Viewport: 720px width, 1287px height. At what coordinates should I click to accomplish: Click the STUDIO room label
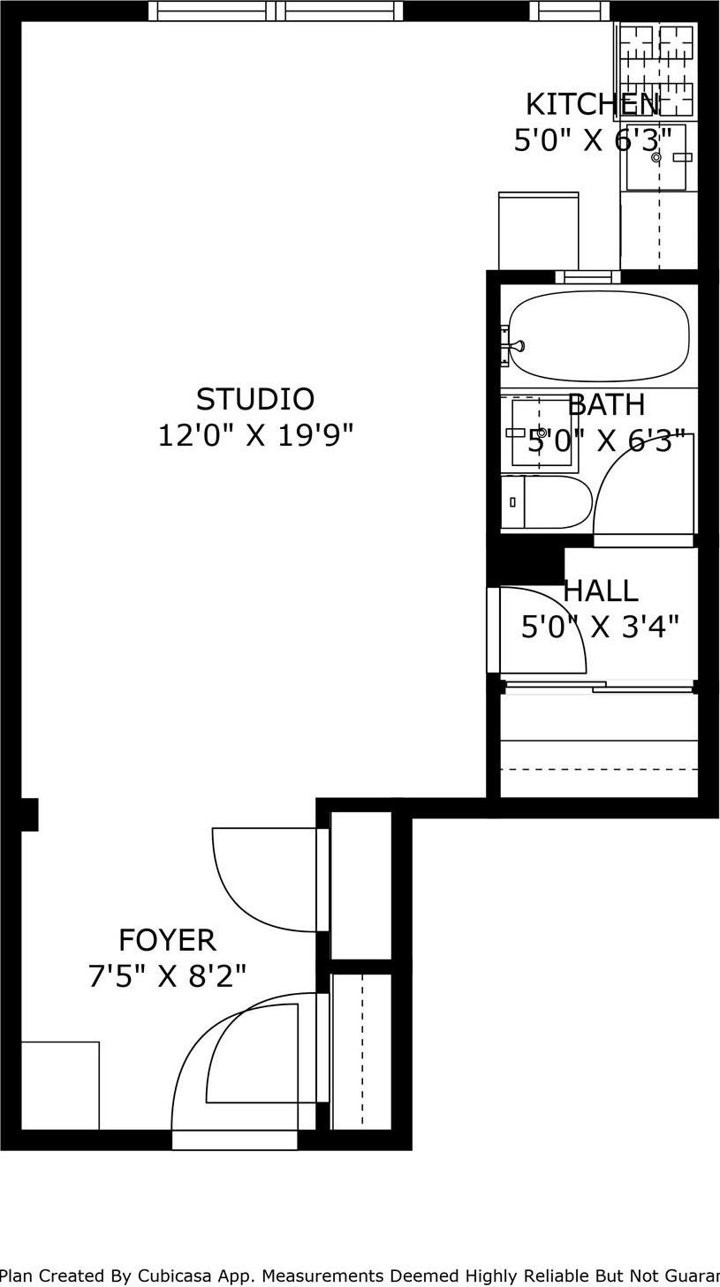[254, 400]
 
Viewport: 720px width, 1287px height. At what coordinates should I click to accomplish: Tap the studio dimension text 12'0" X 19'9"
[254, 435]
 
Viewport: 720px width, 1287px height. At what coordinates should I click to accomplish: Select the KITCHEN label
[591, 104]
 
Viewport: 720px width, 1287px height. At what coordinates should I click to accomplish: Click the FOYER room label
[167, 940]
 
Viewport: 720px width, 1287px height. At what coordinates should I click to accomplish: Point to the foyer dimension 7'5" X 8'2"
[167, 976]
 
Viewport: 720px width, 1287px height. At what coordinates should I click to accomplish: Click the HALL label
[601, 591]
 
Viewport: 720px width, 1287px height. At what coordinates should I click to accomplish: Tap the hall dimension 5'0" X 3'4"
[600, 627]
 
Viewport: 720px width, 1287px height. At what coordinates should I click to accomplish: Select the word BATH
[606, 405]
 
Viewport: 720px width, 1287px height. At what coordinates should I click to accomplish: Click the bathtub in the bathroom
[599, 336]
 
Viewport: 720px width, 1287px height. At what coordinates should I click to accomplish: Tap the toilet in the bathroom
[546, 501]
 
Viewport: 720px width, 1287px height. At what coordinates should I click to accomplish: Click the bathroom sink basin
[542, 433]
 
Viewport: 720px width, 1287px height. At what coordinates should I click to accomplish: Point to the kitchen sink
[656, 157]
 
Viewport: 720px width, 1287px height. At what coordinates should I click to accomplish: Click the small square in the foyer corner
[60, 1085]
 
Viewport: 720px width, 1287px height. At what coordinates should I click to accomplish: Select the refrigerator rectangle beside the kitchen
[538, 231]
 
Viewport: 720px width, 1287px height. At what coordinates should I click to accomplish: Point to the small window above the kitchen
[569, 11]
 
